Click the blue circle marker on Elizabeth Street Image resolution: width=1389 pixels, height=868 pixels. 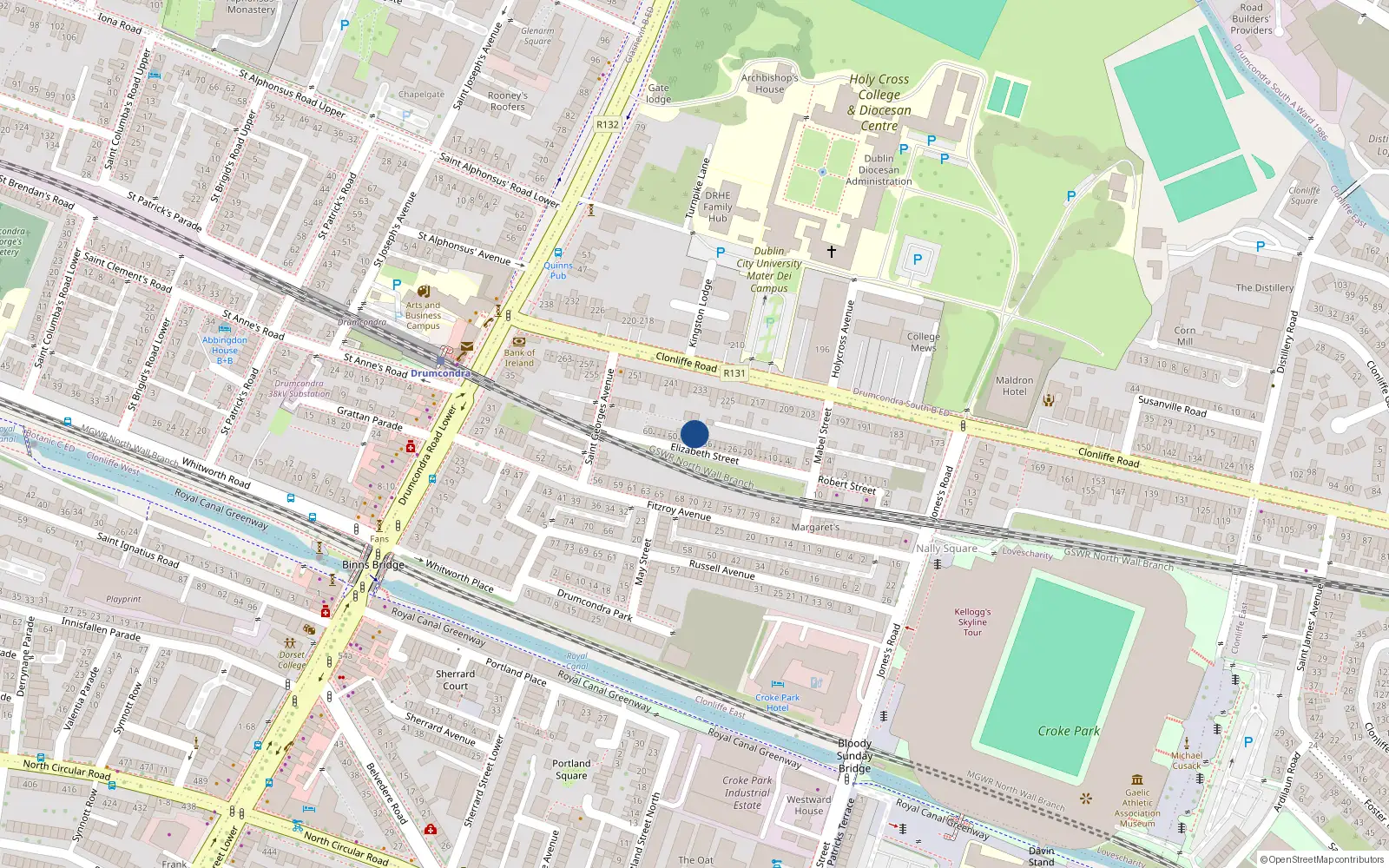694,434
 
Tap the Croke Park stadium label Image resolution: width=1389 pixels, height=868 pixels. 1069,731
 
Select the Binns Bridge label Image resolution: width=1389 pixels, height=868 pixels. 373,564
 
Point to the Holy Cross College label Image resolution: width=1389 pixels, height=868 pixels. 879,102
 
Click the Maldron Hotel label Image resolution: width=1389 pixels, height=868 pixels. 1014,385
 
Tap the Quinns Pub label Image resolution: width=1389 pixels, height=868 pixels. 558,271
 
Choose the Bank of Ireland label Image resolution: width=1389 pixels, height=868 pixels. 519,358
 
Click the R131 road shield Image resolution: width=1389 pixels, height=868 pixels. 734,372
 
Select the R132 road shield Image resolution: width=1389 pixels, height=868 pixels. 608,124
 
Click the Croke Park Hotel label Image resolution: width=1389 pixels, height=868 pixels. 777,702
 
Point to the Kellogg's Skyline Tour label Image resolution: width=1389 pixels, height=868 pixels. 972,621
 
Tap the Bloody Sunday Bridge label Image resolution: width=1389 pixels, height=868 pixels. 854,755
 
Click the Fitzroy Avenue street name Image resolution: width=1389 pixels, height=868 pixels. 679,510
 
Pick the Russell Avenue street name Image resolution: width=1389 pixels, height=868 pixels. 721,569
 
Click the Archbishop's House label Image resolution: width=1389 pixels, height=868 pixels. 769,83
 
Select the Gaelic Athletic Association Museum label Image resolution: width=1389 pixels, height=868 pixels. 1137,807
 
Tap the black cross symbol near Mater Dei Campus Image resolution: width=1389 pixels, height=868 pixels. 831,252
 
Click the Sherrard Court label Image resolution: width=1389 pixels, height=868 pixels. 455,680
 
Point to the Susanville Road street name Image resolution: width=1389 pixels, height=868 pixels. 1172,405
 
